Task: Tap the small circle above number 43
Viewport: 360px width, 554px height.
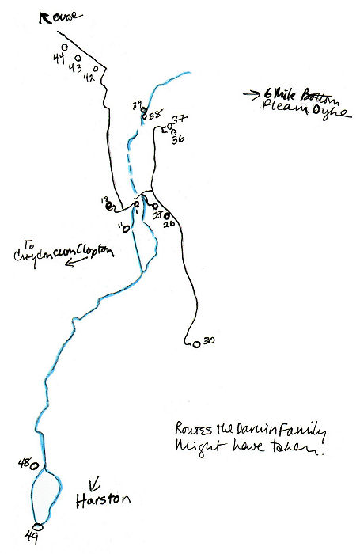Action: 78,58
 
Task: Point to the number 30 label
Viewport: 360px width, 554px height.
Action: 209,341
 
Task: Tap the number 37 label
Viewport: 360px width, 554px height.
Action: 179,120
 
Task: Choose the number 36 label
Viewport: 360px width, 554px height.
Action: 178,138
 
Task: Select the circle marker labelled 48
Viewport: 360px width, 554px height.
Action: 35,465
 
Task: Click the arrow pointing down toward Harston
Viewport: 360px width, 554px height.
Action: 95,482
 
